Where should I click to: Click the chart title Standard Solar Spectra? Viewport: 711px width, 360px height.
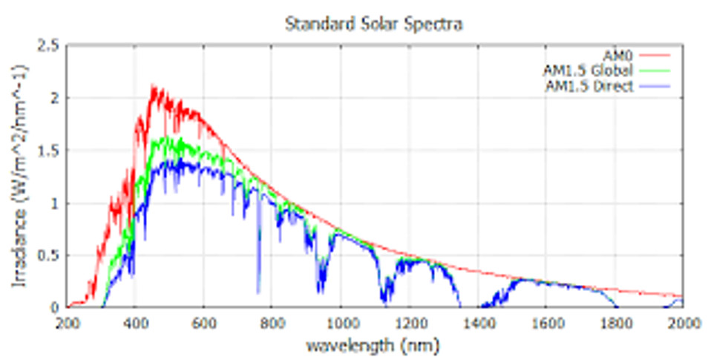click(374, 24)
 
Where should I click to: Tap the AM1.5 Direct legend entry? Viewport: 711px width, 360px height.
click(589, 86)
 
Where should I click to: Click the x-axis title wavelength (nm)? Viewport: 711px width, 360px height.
click(375, 345)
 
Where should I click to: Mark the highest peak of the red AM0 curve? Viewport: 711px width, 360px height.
click(153, 86)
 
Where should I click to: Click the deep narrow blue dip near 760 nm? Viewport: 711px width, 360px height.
click(258, 292)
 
